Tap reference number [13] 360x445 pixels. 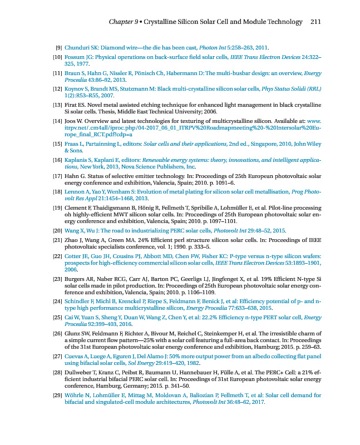57,105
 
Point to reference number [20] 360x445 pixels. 57,230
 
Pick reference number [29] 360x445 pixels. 57,395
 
